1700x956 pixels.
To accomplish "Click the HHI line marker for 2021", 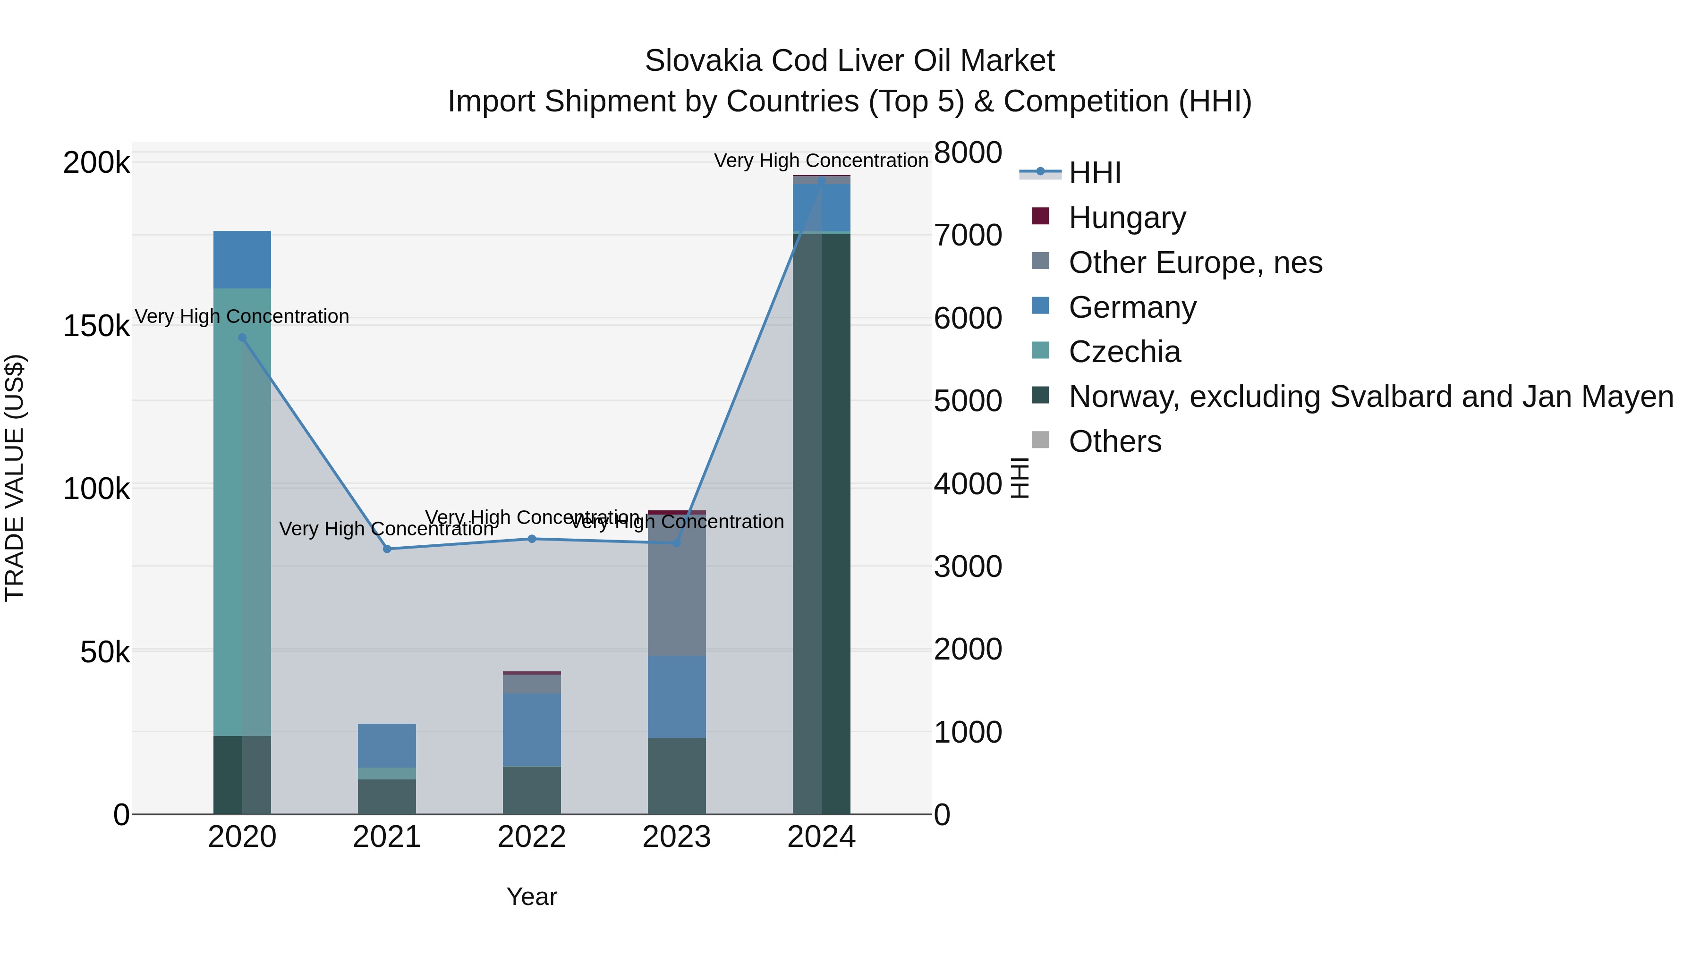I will tap(387, 549).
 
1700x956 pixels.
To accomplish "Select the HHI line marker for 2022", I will tap(532, 539).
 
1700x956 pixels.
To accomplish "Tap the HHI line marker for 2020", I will tap(242, 338).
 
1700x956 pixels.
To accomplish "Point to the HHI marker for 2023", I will tap(676, 543).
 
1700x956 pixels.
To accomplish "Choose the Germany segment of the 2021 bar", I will tap(387, 745).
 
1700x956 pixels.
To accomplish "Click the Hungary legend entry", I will tap(1127, 218).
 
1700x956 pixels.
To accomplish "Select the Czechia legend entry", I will tap(1124, 352).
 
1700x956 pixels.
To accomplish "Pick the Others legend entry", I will tap(1114, 441).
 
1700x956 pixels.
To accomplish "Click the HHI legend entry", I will tap(1094, 173).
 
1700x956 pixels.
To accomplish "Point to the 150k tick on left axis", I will tap(96, 326).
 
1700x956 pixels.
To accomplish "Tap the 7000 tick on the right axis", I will tap(968, 236).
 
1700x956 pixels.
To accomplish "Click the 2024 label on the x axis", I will tap(822, 837).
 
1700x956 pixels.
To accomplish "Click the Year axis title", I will tap(532, 897).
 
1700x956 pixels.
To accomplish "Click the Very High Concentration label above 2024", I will tap(821, 161).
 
